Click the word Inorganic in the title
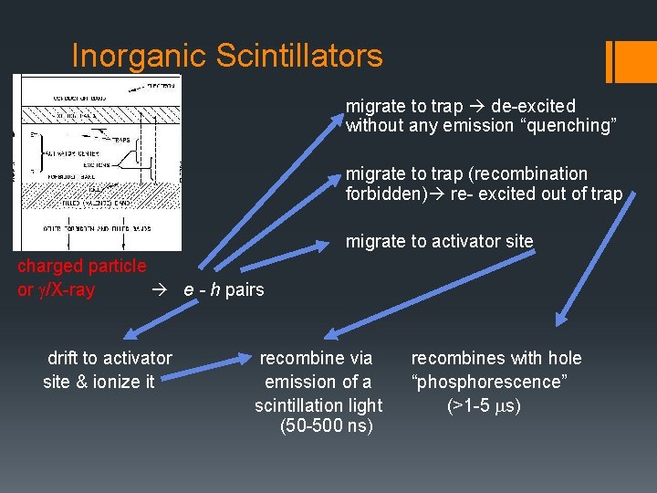click(x=140, y=56)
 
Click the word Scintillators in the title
click(x=299, y=56)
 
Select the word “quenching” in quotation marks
click(x=567, y=126)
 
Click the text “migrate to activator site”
click(x=439, y=242)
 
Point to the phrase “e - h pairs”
click(x=224, y=290)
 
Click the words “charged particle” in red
click(x=81, y=266)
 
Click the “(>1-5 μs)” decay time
click(x=484, y=404)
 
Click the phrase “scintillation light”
click(x=318, y=404)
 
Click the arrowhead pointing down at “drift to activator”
click(x=129, y=333)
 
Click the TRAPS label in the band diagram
click(x=122, y=140)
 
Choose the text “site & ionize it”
click(x=99, y=382)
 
